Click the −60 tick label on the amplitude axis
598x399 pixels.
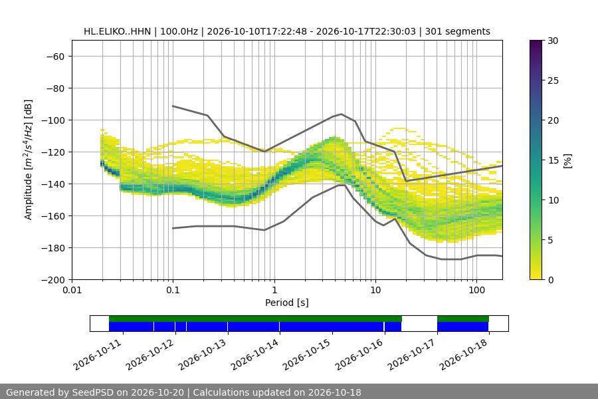(x=55, y=57)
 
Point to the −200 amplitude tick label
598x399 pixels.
(x=53, y=280)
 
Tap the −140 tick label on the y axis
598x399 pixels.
(x=53, y=184)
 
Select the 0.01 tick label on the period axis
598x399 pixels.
(x=72, y=290)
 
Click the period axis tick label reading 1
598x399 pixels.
(x=274, y=290)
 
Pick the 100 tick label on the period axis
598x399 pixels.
(x=476, y=290)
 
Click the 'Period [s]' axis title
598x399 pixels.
(x=287, y=303)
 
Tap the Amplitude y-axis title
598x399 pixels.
(x=29, y=160)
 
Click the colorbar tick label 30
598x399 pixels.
(x=553, y=41)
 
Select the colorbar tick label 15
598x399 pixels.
(x=553, y=160)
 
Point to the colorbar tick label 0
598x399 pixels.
(x=550, y=280)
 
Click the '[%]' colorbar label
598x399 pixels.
(x=568, y=160)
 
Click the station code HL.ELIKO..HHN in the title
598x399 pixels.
(x=118, y=31)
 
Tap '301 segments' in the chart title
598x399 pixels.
(x=458, y=31)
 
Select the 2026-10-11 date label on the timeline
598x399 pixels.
(x=98, y=354)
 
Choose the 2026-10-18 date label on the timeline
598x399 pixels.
(x=464, y=354)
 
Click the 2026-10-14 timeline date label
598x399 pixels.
(x=254, y=354)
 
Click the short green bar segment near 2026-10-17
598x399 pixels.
(x=463, y=319)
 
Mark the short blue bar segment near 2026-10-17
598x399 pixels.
(x=462, y=327)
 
